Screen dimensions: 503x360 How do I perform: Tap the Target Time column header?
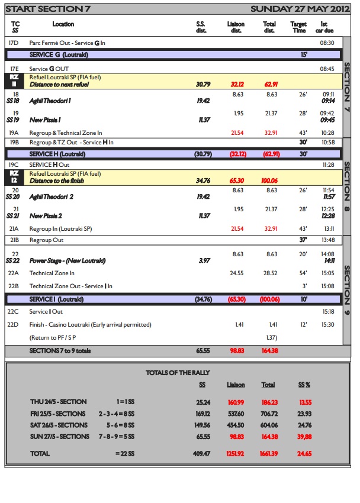(299, 27)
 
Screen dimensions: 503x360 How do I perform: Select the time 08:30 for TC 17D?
(327, 43)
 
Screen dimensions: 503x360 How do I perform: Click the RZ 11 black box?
(17, 80)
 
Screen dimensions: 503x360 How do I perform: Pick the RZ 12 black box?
(17, 177)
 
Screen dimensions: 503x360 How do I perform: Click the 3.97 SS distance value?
(203, 260)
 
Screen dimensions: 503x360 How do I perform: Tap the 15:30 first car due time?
(327, 324)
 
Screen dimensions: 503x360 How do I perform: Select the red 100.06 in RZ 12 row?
(269, 180)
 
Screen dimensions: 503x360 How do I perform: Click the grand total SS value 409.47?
(202, 454)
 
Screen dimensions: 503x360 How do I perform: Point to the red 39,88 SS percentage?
(304, 437)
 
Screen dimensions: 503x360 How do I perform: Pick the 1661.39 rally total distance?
(269, 454)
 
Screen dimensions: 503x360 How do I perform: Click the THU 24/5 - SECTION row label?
(57, 402)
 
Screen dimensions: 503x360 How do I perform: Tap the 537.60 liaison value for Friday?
(236, 414)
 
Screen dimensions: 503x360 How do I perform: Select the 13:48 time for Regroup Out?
(327, 240)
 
